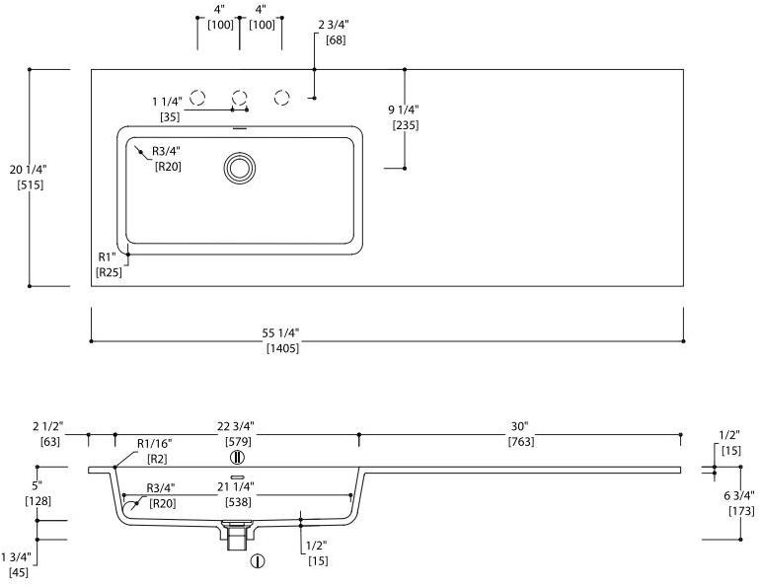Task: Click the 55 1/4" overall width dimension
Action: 282,332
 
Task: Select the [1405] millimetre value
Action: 282,348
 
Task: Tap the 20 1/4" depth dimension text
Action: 27,170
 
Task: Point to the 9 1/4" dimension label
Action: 405,110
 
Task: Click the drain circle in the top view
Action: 239,167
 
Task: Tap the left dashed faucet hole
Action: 197,97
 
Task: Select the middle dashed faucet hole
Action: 239,97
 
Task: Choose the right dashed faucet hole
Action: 282,97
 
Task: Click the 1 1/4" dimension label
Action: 169,102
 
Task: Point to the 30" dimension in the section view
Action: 519,426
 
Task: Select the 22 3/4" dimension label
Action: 236,426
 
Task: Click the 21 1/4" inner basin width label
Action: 236,486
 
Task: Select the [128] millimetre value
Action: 38,500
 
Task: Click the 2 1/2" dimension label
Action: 48,426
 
